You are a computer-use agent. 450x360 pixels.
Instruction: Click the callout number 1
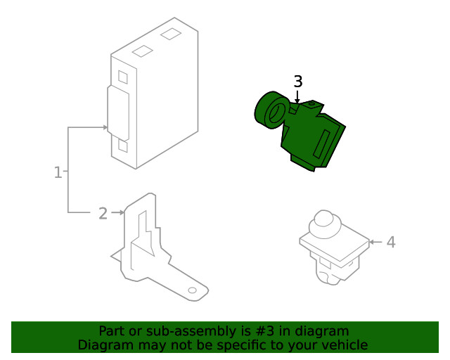58,172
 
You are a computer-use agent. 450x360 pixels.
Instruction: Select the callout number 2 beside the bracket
103,212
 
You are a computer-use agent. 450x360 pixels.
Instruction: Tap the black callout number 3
298,82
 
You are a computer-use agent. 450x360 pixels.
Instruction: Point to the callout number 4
391,242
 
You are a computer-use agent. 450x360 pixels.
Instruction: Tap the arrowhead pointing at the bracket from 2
122,212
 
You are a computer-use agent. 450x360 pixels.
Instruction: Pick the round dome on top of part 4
324,219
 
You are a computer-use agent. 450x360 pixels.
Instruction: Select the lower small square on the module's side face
123,146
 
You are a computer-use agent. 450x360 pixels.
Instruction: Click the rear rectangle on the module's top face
171,33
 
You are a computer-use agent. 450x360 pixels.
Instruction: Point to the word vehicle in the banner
345,345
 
